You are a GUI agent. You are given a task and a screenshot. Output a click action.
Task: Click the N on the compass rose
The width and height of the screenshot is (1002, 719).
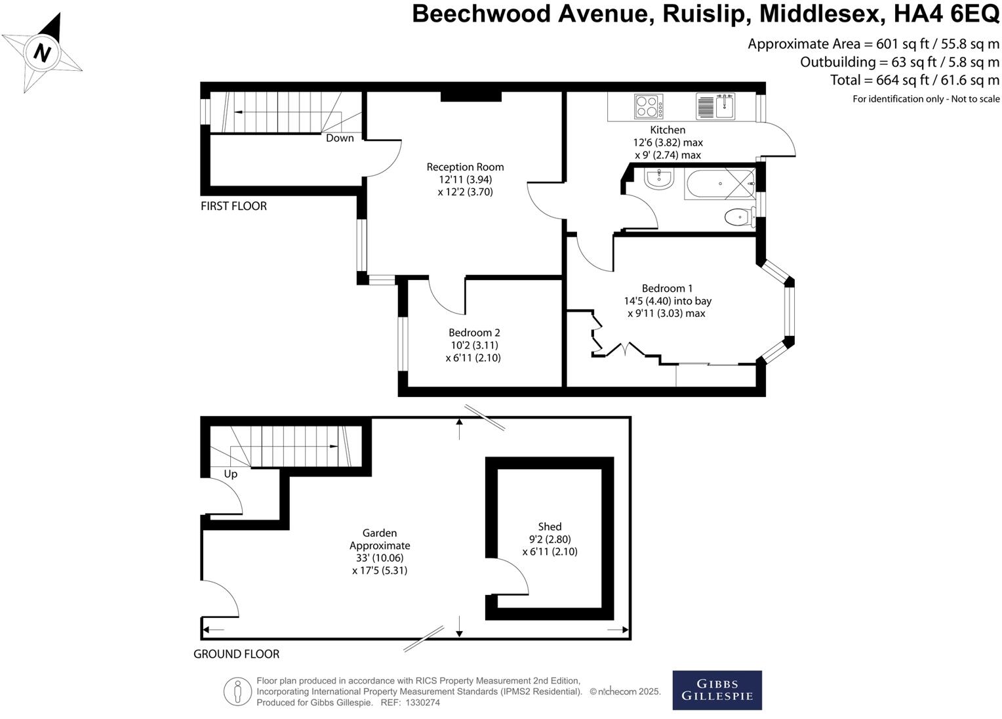point(42,52)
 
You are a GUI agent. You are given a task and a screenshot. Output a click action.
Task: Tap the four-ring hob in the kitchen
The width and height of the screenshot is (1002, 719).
point(649,106)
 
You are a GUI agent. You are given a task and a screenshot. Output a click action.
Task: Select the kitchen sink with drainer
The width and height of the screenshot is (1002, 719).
point(715,106)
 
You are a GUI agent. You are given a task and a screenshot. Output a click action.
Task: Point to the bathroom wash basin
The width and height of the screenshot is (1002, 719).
point(659,178)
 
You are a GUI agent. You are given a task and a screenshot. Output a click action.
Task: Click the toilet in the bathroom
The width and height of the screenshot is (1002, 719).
point(740,217)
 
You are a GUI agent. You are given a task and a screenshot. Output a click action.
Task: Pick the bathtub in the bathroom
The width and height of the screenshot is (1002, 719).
point(719,184)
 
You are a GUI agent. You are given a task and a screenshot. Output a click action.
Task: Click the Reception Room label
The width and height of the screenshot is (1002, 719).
point(465,167)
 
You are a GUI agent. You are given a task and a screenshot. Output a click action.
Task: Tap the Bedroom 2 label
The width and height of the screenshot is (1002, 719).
point(474,333)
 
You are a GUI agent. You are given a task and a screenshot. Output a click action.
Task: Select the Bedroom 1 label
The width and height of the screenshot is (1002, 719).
point(667,288)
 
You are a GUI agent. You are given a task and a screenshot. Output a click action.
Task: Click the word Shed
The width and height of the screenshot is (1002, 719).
point(550,527)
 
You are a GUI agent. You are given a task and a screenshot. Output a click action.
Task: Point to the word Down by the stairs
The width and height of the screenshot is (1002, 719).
point(340,138)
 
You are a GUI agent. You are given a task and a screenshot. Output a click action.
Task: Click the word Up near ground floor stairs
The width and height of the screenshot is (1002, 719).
point(230,474)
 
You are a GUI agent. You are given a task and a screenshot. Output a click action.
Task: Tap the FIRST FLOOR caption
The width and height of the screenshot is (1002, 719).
point(233,206)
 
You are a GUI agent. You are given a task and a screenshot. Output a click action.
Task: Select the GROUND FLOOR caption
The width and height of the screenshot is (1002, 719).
point(236,654)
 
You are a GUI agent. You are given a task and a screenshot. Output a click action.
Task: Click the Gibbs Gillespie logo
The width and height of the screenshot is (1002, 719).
point(717,690)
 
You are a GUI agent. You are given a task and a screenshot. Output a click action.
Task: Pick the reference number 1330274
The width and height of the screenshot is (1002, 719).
point(423,703)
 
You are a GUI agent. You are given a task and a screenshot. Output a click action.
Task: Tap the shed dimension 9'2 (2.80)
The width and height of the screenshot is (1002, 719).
point(550,539)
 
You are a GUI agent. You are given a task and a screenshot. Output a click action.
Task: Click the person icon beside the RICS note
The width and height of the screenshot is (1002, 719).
point(237,691)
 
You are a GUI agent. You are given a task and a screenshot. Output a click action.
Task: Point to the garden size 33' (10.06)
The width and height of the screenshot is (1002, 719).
point(380,558)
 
